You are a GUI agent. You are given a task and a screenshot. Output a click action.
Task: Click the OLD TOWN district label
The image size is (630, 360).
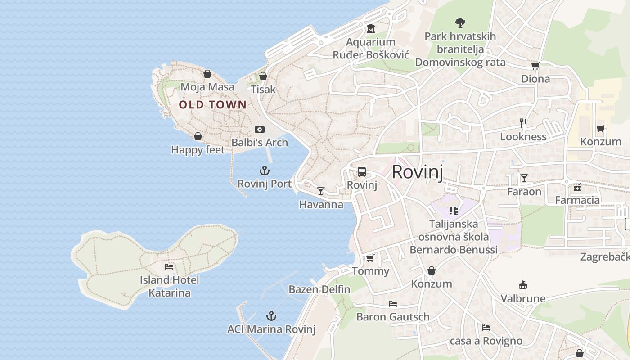(212, 105)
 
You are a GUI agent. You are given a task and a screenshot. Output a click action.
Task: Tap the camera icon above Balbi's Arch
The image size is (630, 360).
(260, 130)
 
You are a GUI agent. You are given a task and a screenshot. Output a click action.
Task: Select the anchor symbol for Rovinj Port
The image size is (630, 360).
(265, 171)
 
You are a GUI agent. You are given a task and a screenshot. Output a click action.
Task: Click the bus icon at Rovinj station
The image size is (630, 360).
(362, 172)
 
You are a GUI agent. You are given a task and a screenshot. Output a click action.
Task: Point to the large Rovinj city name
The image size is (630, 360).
(417, 172)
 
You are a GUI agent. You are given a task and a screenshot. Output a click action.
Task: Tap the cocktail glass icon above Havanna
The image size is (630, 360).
(320, 191)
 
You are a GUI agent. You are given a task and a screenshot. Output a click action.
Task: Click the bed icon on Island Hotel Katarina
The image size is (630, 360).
(169, 267)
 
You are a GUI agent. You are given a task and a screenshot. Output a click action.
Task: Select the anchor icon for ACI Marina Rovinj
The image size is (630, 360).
(271, 316)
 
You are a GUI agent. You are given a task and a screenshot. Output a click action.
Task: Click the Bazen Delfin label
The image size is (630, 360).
(319, 289)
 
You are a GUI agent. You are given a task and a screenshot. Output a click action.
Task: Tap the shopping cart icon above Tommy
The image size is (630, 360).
(370, 258)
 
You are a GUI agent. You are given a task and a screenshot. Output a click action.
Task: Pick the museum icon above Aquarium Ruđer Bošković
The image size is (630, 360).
(371, 29)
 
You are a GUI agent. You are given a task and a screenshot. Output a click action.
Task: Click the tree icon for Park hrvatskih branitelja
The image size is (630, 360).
(460, 22)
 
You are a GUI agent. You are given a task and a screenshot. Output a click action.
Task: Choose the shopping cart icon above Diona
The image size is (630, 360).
(535, 66)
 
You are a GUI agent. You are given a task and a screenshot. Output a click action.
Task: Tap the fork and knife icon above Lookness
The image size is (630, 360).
(523, 123)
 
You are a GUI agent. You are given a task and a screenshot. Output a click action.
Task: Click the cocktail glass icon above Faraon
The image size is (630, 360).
(524, 178)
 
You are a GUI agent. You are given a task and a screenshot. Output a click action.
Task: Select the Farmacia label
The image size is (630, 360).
(577, 200)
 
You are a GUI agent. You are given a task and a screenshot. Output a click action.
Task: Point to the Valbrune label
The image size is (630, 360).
(523, 298)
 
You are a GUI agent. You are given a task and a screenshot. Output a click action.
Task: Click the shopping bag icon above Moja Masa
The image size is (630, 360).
(207, 74)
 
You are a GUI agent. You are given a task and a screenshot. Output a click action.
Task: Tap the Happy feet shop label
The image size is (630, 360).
(198, 150)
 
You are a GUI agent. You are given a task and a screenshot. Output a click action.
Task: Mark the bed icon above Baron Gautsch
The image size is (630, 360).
(393, 304)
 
